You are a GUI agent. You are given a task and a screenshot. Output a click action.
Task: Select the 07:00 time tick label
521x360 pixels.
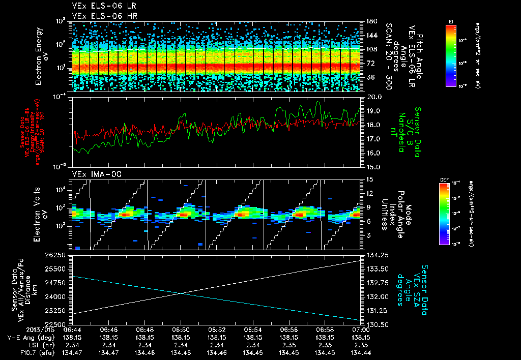[x=361, y=329]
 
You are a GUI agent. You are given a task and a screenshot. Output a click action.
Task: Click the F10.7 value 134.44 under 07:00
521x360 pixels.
[x=361, y=352]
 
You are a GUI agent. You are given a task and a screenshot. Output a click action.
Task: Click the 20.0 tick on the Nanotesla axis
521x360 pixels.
[x=374, y=97]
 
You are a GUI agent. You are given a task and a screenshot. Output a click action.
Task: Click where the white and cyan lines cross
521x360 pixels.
[x=181, y=293]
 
